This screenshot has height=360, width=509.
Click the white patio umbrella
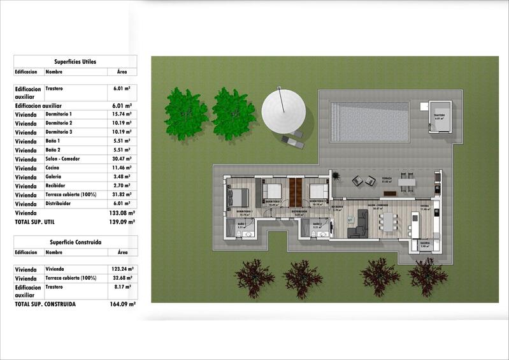coord(284,110)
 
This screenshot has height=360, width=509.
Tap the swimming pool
coord(369,122)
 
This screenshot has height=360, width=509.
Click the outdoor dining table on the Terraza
coord(406,182)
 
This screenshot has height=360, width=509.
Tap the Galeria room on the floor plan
coord(424,243)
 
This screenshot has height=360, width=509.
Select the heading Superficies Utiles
coord(75,62)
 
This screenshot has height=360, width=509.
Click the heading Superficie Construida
coord(75,242)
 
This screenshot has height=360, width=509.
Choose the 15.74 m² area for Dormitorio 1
coord(120,114)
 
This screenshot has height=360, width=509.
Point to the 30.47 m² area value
coord(120,159)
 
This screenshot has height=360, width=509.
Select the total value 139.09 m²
coord(122,222)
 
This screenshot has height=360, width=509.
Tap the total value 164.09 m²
coord(122,305)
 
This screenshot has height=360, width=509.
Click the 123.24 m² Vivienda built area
coord(121,270)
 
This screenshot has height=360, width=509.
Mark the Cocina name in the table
coord(54,168)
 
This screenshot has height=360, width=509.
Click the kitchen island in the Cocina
coord(415,224)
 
